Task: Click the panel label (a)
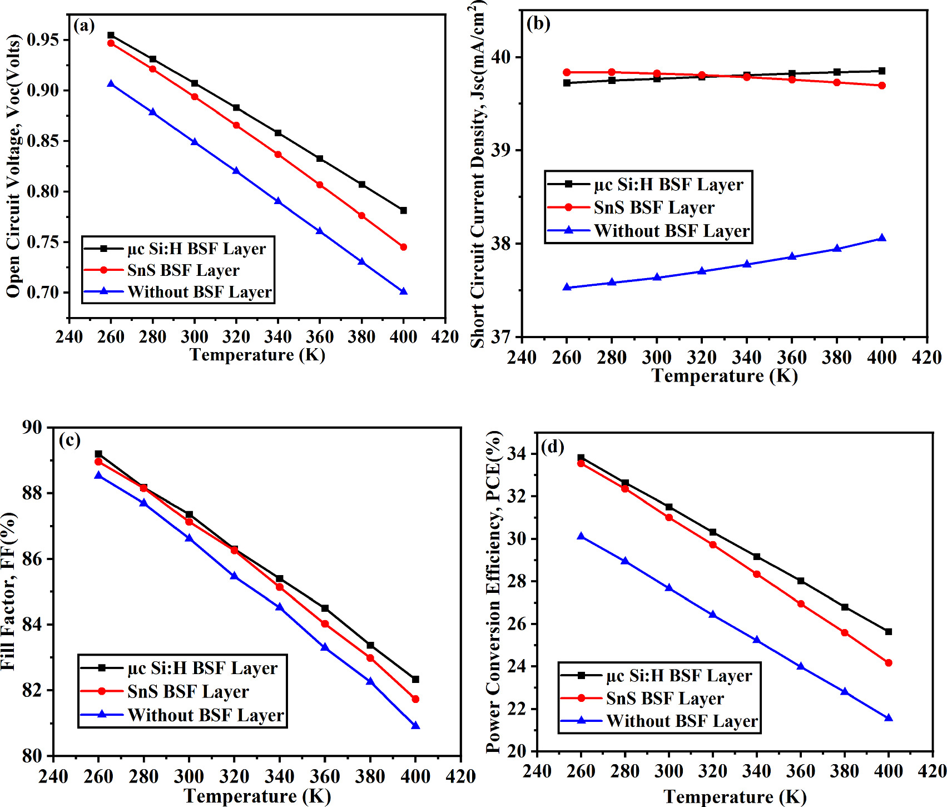pyautogui.click(x=84, y=26)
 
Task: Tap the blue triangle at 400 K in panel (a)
pyautogui.click(x=404, y=291)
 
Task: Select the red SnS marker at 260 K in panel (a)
pyautogui.click(x=111, y=43)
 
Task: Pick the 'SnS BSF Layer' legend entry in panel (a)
pyautogui.click(x=183, y=270)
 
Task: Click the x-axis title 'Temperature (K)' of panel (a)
pyautogui.click(x=257, y=355)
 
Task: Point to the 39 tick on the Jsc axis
pyautogui.click(x=503, y=150)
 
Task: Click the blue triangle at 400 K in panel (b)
pyautogui.click(x=882, y=238)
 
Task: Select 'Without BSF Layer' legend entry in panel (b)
pyautogui.click(x=672, y=231)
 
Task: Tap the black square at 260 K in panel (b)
pyautogui.click(x=567, y=83)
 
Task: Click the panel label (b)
pyautogui.click(x=538, y=23)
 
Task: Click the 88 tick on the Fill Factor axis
pyautogui.click(x=32, y=493)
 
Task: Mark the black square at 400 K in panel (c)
pyautogui.click(x=415, y=679)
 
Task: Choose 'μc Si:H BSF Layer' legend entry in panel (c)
pyautogui.click(x=202, y=668)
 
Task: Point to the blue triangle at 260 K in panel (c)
pyautogui.click(x=98, y=475)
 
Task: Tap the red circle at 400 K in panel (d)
pyautogui.click(x=888, y=663)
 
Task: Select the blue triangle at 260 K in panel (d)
pyautogui.click(x=581, y=536)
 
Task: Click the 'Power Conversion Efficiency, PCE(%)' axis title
pyautogui.click(x=493, y=592)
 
